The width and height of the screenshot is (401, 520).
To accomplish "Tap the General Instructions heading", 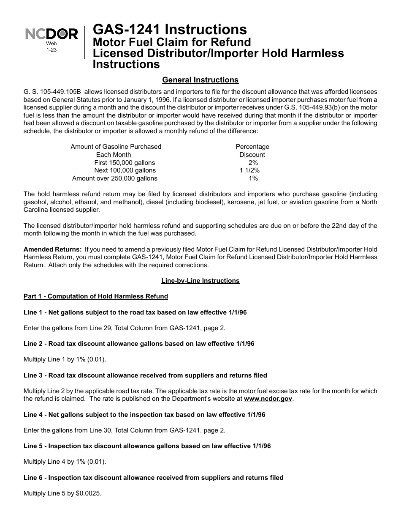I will [200, 80].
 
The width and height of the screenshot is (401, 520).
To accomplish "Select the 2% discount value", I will [253, 162].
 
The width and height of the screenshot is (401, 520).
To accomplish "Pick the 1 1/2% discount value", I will [249, 170].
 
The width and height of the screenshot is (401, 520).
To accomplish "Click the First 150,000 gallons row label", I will [125, 162].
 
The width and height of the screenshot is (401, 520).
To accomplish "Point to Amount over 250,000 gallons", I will [115, 178].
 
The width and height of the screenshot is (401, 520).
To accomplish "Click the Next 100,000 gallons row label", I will [125, 170].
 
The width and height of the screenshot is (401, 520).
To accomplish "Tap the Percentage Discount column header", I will [252, 151].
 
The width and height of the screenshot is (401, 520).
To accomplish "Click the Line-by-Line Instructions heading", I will [200, 281].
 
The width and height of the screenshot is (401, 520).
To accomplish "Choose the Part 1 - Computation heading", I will [96, 296].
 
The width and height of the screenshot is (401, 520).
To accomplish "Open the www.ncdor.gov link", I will [268, 399].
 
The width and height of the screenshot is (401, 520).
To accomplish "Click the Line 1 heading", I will [135, 312].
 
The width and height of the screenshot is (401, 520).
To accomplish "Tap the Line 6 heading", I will [153, 478].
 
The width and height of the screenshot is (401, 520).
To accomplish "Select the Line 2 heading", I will [139, 344].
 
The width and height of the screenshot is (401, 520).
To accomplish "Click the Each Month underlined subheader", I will [114, 155].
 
